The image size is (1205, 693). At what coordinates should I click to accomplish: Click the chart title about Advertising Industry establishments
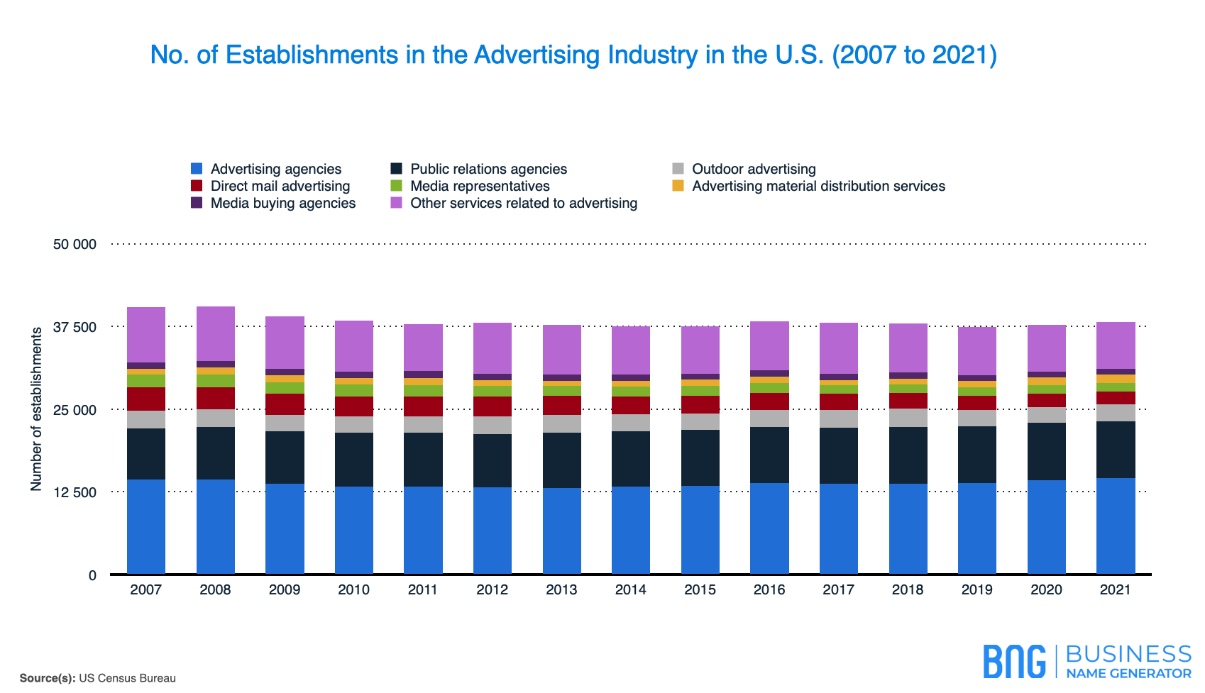tap(573, 55)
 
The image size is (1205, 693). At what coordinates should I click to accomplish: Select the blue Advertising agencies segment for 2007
tap(146, 526)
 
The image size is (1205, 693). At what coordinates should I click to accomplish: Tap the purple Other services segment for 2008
tap(216, 333)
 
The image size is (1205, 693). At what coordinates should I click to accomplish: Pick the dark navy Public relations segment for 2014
tap(631, 458)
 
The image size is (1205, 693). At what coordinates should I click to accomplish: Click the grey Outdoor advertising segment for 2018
tap(908, 417)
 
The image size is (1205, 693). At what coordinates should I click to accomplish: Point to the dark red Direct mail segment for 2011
tap(423, 406)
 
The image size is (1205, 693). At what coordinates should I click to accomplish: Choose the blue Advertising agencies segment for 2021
tap(1116, 526)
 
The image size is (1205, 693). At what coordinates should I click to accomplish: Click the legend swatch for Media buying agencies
tap(197, 203)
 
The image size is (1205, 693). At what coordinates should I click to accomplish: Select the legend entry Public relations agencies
tap(488, 169)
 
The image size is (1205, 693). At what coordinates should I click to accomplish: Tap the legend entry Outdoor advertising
tap(754, 169)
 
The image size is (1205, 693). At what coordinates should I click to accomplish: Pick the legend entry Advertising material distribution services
tap(818, 186)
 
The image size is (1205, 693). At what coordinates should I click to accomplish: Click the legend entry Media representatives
tap(480, 186)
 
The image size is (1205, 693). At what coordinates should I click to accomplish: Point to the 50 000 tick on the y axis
tap(75, 244)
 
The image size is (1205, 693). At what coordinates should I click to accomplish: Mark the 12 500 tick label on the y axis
tap(75, 492)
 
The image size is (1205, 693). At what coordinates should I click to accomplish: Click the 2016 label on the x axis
tap(769, 589)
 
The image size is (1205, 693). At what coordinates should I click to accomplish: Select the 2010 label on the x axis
tap(353, 589)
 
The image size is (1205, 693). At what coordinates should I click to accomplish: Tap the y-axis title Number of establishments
tap(36, 409)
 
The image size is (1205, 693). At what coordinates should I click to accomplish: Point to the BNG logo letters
tap(1014, 661)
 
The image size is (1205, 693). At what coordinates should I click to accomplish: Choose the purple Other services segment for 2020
tap(1047, 348)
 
